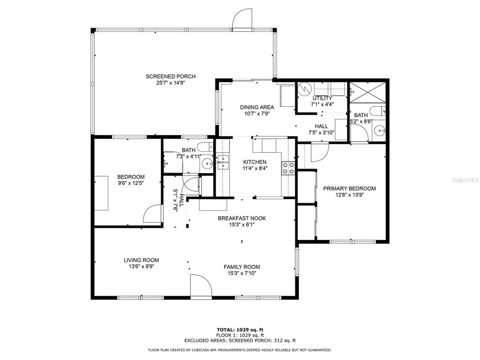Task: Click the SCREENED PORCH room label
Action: tap(171, 76)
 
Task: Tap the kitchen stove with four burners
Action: tap(288, 168)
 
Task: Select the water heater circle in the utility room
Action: tap(305, 89)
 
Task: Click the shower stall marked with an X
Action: tap(367, 92)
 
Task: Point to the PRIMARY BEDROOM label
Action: tap(349, 188)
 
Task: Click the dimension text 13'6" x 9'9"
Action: tap(141, 266)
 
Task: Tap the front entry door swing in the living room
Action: tap(201, 285)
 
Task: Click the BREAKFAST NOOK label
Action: tap(242, 218)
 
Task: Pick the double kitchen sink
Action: tap(223, 162)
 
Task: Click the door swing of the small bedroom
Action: tap(152, 214)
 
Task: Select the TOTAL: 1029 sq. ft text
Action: tap(240, 330)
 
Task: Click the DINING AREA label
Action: tap(257, 107)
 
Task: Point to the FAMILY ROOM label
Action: tap(242, 267)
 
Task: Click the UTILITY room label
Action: tap(322, 98)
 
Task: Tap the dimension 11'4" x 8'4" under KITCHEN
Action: tap(255, 168)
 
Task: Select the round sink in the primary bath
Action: tap(380, 130)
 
